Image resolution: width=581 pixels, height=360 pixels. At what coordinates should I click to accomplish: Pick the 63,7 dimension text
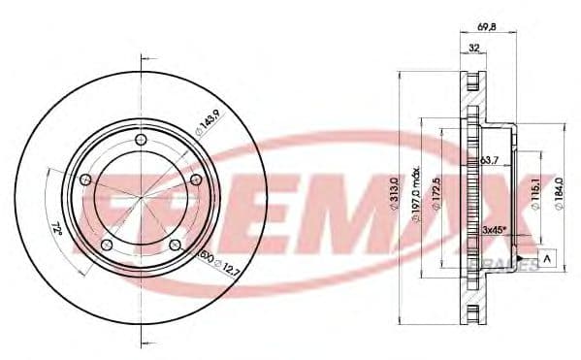click(x=489, y=159)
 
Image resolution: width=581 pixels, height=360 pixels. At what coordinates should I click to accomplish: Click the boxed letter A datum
click(x=549, y=257)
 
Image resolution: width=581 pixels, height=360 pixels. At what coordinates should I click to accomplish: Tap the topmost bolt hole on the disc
click(x=142, y=143)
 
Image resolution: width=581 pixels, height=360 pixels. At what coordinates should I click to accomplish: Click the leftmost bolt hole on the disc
click(x=85, y=180)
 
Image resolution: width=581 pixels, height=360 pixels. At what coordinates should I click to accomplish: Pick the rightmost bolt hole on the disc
click(x=197, y=180)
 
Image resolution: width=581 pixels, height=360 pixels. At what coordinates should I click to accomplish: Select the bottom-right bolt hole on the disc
click(x=175, y=245)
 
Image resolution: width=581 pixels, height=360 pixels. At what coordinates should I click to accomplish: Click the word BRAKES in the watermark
click(x=503, y=264)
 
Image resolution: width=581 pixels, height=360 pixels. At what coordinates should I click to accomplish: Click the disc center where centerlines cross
click(x=142, y=198)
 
